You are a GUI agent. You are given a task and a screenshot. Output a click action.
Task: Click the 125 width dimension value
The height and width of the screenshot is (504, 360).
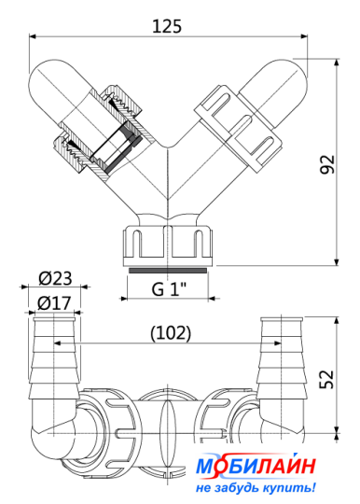click(167, 26)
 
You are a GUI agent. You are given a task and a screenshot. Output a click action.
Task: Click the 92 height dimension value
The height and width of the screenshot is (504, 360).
click(327, 164)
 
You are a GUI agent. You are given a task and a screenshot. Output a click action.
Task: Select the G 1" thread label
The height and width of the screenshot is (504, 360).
click(169, 289)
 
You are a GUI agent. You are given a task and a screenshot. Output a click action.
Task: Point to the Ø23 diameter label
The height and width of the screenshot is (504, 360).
click(55, 278)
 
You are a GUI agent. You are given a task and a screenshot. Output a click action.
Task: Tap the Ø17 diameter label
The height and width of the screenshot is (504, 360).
click(54, 303)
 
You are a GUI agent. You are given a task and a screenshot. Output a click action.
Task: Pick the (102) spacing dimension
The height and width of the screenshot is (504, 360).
click(171, 333)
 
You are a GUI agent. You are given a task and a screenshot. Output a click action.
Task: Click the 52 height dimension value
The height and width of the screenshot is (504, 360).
click(327, 380)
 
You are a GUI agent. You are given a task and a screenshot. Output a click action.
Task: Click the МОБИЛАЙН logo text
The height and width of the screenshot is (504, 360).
click(256, 466)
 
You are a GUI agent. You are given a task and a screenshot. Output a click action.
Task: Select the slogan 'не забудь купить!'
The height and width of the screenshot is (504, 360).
click(256, 488)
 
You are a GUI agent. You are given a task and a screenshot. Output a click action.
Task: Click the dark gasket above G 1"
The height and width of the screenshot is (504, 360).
click(168, 271)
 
